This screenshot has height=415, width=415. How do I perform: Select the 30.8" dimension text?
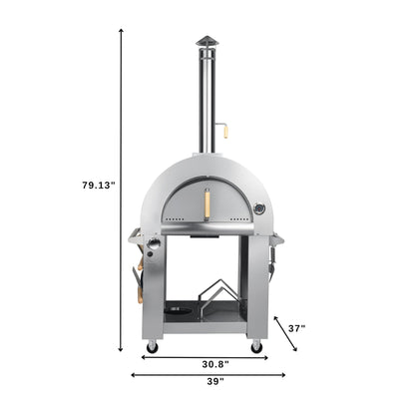(207, 362)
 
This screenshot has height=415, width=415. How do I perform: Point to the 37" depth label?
(297, 326)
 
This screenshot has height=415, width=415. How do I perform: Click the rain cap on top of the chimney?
(207, 41)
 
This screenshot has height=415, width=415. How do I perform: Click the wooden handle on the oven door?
(207, 205)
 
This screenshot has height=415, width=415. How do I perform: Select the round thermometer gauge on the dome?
(258, 208)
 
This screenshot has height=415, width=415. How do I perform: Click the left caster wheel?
(152, 346)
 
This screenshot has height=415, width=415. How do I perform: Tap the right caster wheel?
(256, 346)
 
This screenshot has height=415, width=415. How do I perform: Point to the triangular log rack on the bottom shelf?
(218, 300)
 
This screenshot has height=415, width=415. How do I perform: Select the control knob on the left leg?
(154, 246)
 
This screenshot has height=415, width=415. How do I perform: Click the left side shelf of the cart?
(135, 236)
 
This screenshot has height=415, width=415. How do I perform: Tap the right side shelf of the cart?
(277, 237)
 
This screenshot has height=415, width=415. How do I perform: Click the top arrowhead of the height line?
(121, 31)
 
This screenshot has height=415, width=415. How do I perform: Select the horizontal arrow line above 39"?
(207, 375)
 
